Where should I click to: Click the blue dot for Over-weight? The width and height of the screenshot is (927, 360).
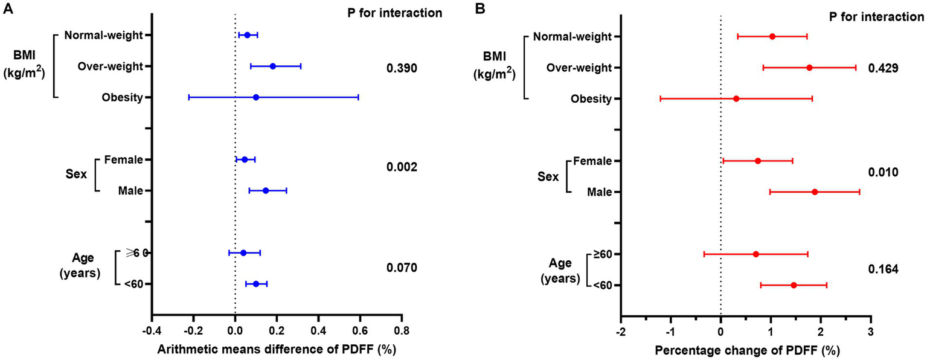tap(273, 66)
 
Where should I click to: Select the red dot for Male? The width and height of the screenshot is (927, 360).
tap(815, 192)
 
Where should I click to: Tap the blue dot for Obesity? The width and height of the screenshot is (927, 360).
tap(256, 97)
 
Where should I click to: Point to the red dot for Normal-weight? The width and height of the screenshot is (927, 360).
tap(772, 37)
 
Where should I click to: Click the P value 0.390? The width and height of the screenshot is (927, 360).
tap(402, 68)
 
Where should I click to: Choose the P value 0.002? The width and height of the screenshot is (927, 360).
tap(402, 167)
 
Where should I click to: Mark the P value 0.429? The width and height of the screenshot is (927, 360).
tap(884, 69)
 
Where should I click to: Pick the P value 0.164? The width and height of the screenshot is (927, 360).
tap(884, 269)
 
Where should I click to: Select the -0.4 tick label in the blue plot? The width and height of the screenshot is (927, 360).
tap(152, 331)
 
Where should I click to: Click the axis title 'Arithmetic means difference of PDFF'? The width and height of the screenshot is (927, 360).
tap(277, 350)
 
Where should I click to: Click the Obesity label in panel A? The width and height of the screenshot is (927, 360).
tap(123, 97)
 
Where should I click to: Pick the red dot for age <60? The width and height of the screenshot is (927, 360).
tap(794, 285)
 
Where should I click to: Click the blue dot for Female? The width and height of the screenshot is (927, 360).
tap(245, 159)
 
